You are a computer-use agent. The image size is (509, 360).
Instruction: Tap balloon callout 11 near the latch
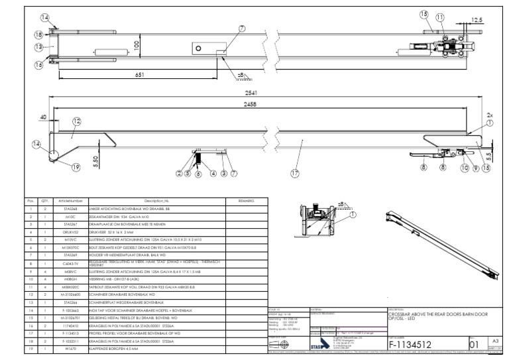[440, 16]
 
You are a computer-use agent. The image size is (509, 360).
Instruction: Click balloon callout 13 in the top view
[39, 46]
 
